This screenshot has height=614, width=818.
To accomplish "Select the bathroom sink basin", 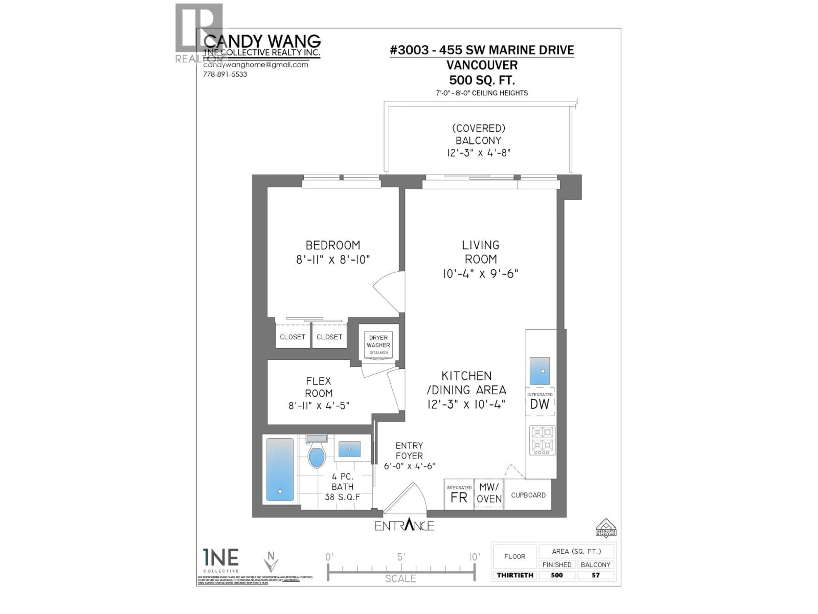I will (350, 449).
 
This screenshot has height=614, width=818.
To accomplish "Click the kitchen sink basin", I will (540, 371).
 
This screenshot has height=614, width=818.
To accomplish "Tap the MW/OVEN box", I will (489, 493).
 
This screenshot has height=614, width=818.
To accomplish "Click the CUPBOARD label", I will (528, 495).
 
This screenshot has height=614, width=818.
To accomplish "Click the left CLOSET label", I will (292, 337).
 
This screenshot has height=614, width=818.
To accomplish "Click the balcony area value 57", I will (595, 575).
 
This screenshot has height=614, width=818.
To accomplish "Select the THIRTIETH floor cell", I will (515, 575).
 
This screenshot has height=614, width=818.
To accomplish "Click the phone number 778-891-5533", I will (225, 74).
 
